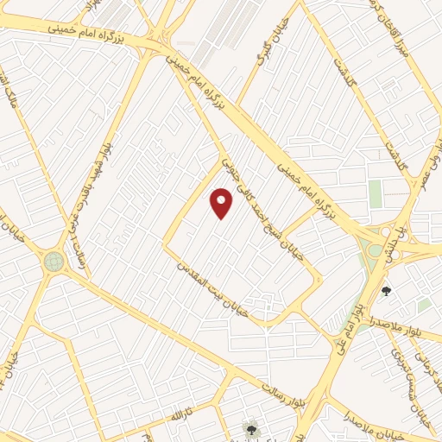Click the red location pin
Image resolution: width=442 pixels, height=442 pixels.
coord(222,202)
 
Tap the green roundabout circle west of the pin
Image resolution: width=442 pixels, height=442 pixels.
coord(54,261)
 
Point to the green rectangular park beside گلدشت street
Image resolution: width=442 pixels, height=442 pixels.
coord(376,193)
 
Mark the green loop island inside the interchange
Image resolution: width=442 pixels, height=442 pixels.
coord(374,251)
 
